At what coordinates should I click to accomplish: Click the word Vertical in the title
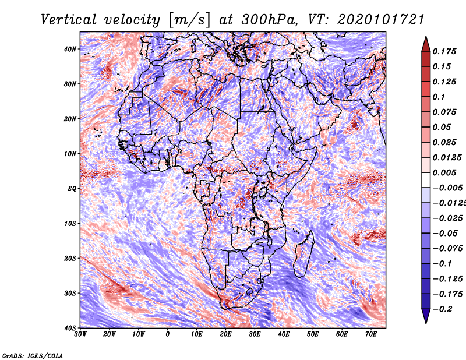(x=69, y=20)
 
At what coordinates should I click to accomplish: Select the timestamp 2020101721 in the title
(x=381, y=20)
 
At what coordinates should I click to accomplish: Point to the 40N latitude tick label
(x=70, y=49)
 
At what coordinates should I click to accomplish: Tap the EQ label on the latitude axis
(x=72, y=189)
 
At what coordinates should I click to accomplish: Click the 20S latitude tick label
(x=70, y=258)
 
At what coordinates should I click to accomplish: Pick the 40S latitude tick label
(x=70, y=328)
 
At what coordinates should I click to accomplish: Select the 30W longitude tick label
(x=80, y=334)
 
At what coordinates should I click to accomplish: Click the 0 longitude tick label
(x=168, y=334)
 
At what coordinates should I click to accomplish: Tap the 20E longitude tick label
(x=225, y=334)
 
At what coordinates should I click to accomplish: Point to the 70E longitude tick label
(x=371, y=334)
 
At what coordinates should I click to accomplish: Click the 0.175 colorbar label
(x=444, y=51)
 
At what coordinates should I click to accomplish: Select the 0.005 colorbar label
(x=444, y=172)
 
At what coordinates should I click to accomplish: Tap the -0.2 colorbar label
(x=443, y=309)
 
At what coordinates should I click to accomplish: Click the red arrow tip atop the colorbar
(x=426, y=37)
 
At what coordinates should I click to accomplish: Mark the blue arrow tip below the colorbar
(x=426, y=323)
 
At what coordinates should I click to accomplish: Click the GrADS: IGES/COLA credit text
(x=33, y=356)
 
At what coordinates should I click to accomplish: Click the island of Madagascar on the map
(x=303, y=254)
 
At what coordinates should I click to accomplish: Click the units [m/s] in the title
(x=189, y=20)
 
